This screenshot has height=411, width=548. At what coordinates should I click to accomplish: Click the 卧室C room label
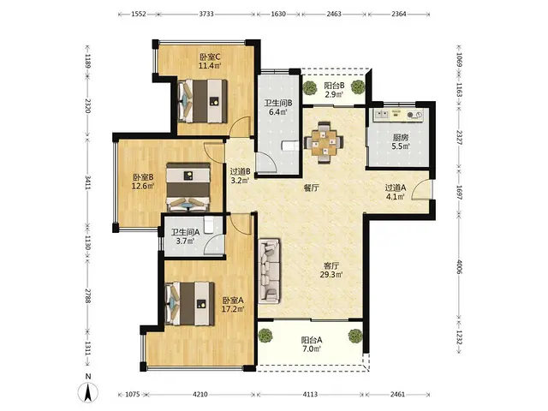coord(210,57)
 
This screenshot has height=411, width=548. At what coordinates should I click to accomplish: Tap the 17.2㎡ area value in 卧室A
coord(233,309)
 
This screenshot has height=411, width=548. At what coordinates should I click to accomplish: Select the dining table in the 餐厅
coord(324,142)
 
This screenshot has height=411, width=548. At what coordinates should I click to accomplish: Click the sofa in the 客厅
coord(269,271)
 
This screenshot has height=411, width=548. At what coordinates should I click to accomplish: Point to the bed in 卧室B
coord(188,187)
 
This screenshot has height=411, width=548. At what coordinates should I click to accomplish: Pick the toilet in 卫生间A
coord(208,224)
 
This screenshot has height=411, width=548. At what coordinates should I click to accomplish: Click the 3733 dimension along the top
coord(206,15)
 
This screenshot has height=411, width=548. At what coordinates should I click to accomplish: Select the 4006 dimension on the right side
coord(459,266)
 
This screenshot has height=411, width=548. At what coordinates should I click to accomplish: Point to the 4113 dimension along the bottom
coord(310,394)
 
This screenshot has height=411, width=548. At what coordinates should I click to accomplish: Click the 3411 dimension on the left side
coord(87,182)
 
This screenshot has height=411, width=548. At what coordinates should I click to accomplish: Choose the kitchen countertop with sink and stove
coord(398,115)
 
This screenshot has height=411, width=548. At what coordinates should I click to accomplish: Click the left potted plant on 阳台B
coord(309,87)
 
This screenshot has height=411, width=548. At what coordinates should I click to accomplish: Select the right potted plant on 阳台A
coord(355,337)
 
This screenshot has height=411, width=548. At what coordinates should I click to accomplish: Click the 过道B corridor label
coord(240,172)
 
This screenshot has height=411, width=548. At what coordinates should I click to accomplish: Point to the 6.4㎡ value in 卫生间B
coord(277,112)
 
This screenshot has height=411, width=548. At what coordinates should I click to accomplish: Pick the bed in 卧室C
coord(202,101)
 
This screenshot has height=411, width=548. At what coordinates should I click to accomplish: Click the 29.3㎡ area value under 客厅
coord(331,274)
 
